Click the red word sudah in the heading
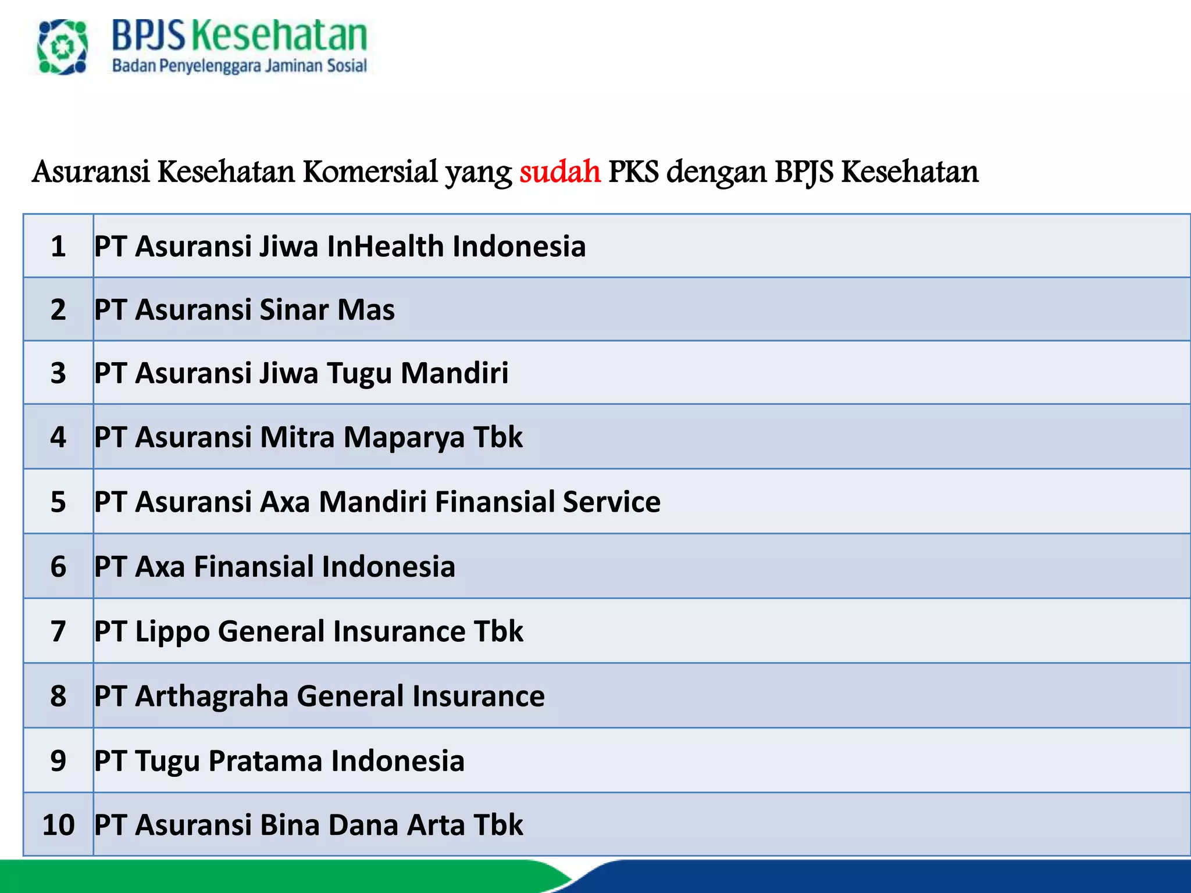pyautogui.click(x=559, y=172)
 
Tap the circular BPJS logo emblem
pyautogui.click(x=62, y=47)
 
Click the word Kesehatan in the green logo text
pyautogui.click(x=280, y=35)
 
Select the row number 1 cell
pyautogui.click(x=58, y=246)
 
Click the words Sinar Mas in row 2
pyautogui.click(x=327, y=309)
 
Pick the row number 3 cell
pyautogui.click(x=58, y=373)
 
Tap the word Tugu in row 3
pyautogui.click(x=359, y=373)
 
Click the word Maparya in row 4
pyautogui.click(x=404, y=437)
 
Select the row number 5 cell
pyautogui.click(x=58, y=501)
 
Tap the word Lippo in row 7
pyautogui.click(x=172, y=631)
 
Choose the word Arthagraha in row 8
pyautogui.click(x=212, y=696)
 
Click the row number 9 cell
pyautogui.click(x=58, y=760)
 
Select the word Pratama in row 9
pyautogui.click(x=265, y=760)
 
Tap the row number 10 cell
pyautogui.click(x=58, y=824)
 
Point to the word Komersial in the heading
pyautogui.click(x=370, y=172)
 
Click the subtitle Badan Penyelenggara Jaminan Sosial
pyautogui.click(x=239, y=66)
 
